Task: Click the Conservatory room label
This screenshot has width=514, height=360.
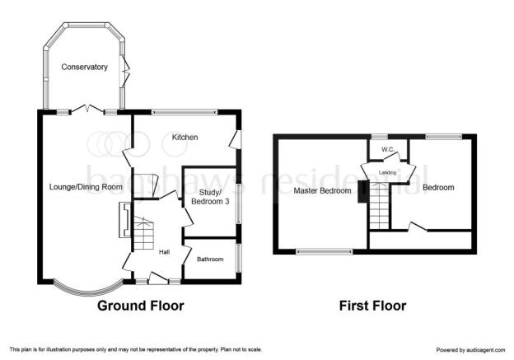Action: click(x=84, y=68)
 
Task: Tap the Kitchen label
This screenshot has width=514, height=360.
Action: click(x=185, y=137)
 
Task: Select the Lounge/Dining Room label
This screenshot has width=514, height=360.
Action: click(x=86, y=187)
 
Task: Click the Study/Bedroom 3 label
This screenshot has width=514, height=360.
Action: click(x=210, y=197)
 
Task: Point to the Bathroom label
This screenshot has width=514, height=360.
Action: click(x=210, y=259)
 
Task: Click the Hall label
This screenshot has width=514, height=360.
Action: click(x=164, y=252)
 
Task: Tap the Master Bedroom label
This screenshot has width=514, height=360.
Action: click(x=322, y=190)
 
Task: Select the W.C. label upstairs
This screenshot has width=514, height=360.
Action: click(x=388, y=149)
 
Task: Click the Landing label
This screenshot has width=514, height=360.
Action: click(x=387, y=172)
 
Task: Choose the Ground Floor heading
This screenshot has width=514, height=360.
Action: click(x=141, y=306)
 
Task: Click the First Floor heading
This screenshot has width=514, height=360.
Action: click(x=372, y=306)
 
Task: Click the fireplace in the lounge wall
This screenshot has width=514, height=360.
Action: click(x=125, y=220)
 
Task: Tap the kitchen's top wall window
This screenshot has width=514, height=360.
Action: click(x=185, y=112)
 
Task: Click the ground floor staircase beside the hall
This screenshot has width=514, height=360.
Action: click(x=143, y=233)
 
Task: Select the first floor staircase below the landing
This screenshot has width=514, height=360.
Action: click(x=380, y=205)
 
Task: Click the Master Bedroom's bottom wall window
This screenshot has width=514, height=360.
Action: click(x=325, y=252)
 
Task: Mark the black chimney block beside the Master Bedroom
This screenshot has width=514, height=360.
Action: click(x=362, y=192)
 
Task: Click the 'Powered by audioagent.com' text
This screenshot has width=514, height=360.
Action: click(x=470, y=350)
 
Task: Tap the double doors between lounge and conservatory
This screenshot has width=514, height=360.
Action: click(x=87, y=109)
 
